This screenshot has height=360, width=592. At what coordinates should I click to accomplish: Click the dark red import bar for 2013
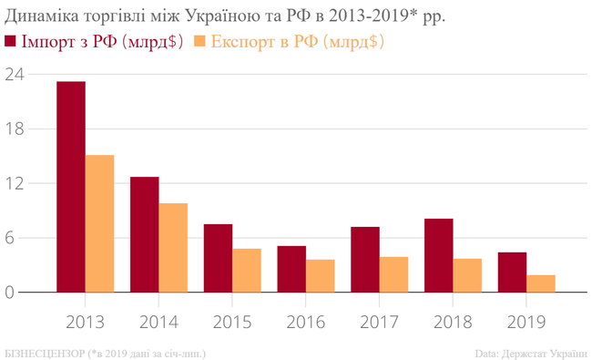(71, 187)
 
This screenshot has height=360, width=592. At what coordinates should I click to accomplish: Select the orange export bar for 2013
(99, 223)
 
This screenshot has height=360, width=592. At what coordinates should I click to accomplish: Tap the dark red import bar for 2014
(144, 234)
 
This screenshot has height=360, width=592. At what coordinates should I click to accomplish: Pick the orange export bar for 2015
(246, 270)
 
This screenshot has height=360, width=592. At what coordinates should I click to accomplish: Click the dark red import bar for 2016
(291, 269)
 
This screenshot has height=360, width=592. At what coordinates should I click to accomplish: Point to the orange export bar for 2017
(393, 274)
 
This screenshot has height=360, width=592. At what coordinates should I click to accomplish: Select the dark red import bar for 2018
(438, 255)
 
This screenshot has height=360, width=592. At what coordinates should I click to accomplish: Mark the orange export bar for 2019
(541, 283)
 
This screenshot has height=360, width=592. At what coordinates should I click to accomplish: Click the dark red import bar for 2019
(512, 272)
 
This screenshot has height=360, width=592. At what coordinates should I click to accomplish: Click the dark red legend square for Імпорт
(11, 41)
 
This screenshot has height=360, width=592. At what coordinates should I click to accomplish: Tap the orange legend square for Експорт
(201, 41)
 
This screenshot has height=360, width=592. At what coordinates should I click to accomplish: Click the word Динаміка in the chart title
(38, 15)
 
